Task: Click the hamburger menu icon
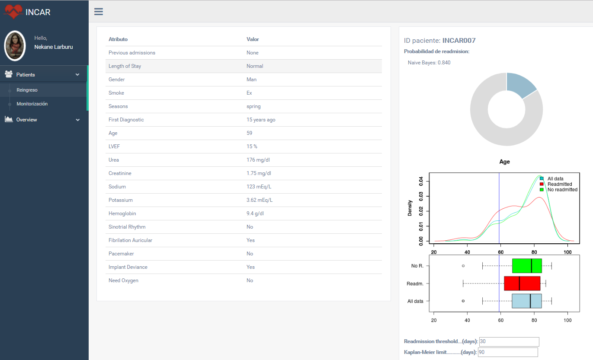pyautogui.click(x=99, y=12)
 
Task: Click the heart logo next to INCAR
pyautogui.click(x=14, y=12)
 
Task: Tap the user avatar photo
pyautogui.click(x=15, y=46)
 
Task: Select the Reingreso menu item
pyautogui.click(x=27, y=90)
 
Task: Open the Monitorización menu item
pyautogui.click(x=32, y=104)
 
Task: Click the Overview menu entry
pyautogui.click(x=27, y=120)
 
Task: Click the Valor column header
pyautogui.click(x=253, y=39)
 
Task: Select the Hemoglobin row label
pyautogui.click(x=122, y=213)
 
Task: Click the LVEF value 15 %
pyautogui.click(x=252, y=147)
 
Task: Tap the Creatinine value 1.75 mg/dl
pyautogui.click(x=259, y=173)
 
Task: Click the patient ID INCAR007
pyautogui.click(x=458, y=41)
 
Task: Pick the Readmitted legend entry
pyautogui.click(x=559, y=184)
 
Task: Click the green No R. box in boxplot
pyautogui.click(x=526, y=266)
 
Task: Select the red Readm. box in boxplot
pyautogui.click(x=522, y=284)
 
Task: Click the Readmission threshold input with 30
pyautogui.click(x=509, y=341)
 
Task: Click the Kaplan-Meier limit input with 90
pyautogui.click(x=507, y=352)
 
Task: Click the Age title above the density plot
pyautogui.click(x=504, y=162)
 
